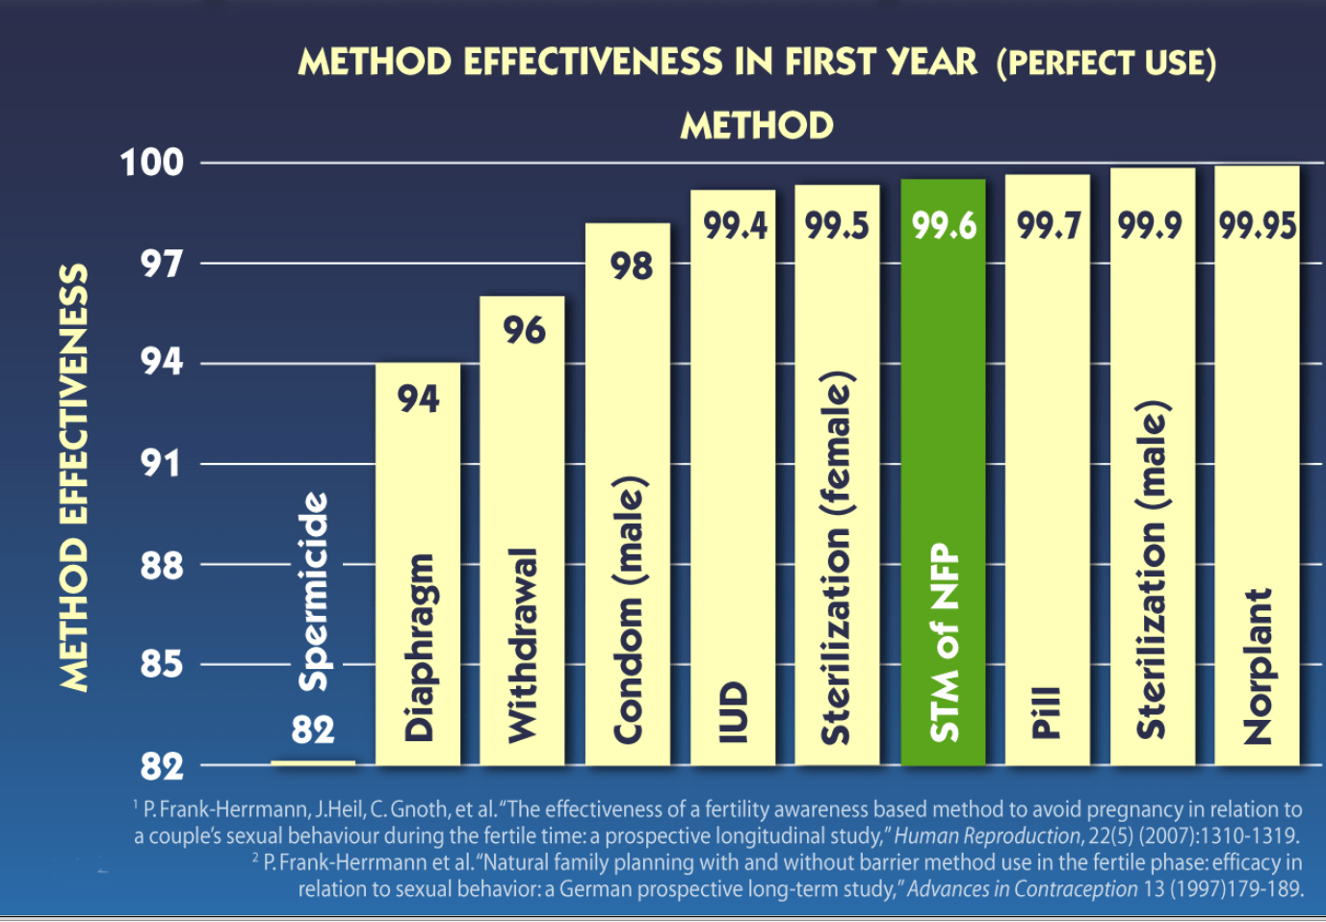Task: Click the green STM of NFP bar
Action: [x=943, y=472]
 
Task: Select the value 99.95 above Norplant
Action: [x=1258, y=226]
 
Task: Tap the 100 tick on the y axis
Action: [x=152, y=163]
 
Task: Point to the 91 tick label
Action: [x=162, y=464]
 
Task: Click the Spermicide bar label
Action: [x=314, y=592]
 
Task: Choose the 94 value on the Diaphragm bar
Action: [x=418, y=398]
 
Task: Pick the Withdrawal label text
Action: [x=522, y=646]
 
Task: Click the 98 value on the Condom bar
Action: [x=631, y=267]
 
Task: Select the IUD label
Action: [x=733, y=712]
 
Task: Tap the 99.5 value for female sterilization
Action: [x=837, y=226]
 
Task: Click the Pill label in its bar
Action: [x=1047, y=712]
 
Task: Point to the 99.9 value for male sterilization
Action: [x=1150, y=226]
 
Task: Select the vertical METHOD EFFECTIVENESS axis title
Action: [x=74, y=477]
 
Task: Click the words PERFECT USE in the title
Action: [x=1106, y=64]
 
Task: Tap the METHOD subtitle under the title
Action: [x=757, y=126]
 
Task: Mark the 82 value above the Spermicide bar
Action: [x=313, y=730]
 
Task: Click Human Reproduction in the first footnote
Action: [x=987, y=836]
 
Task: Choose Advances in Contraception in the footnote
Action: [x=1022, y=889]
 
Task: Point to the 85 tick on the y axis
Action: [x=162, y=664]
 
